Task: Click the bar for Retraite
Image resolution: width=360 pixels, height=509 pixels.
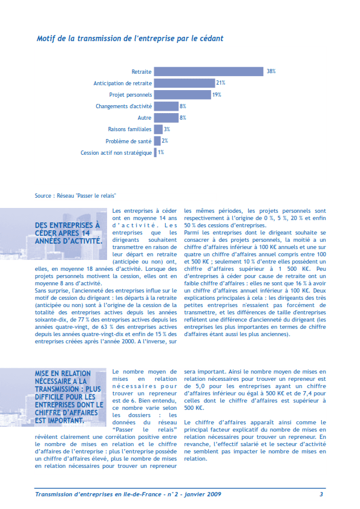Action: [x=209, y=71]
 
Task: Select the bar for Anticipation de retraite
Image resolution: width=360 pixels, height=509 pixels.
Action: [x=185, y=83]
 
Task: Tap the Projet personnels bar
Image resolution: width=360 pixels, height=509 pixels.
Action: [x=182, y=94]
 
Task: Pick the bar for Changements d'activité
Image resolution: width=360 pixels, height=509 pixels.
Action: [x=166, y=106]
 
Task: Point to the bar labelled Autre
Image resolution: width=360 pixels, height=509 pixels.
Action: [x=166, y=117]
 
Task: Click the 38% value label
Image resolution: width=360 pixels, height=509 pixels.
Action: [x=270, y=71]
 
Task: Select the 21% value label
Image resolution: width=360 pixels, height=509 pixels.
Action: [x=221, y=83]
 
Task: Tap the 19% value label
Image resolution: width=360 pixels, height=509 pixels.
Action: [x=216, y=94]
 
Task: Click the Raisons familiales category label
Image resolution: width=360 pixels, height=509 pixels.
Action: [x=129, y=129]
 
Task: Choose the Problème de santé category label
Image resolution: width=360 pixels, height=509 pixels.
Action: [x=129, y=141]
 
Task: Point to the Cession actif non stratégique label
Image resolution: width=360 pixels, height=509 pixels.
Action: [x=116, y=152]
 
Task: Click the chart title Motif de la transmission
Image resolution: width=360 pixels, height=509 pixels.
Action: [x=130, y=38]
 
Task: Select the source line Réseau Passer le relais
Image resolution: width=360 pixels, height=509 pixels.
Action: [x=76, y=196]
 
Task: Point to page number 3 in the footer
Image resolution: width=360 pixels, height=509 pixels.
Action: [x=321, y=494]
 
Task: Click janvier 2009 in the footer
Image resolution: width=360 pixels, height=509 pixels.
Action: [x=202, y=494]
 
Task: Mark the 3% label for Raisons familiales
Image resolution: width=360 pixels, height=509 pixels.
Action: [x=167, y=129]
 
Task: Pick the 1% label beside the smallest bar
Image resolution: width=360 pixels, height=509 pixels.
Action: [x=161, y=152]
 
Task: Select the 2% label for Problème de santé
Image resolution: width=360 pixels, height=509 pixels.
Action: [x=165, y=141]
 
